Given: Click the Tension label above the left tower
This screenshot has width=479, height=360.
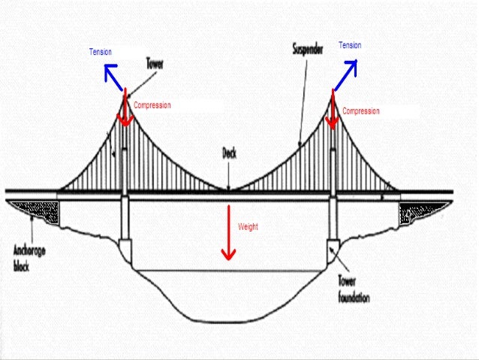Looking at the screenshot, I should tap(100, 52).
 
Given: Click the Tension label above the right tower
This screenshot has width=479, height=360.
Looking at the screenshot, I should tap(350, 46).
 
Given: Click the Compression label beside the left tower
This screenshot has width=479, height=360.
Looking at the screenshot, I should tap(152, 106).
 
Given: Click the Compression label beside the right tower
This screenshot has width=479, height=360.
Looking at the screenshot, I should tap(361, 111).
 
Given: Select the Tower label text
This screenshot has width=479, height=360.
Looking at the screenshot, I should tap(155, 65).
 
